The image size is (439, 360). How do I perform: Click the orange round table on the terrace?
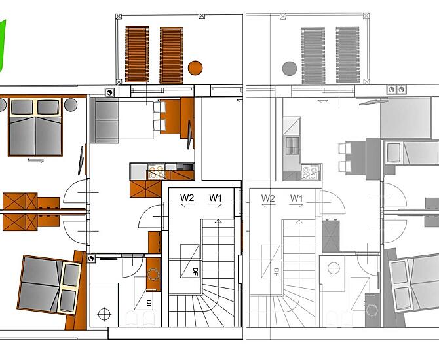pyautogui.click(x=195, y=67)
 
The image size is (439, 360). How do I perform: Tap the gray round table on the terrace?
pyautogui.click(x=290, y=69)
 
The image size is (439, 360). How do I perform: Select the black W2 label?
pyautogui.click(x=187, y=198)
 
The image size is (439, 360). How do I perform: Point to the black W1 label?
pyautogui.click(x=216, y=198)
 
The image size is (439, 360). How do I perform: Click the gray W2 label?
pyautogui.click(x=268, y=198)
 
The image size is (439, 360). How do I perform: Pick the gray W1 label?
pyautogui.click(x=297, y=198)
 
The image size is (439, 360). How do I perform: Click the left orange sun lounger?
pyautogui.click(x=137, y=54)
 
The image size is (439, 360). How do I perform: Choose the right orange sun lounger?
pyautogui.click(x=172, y=55)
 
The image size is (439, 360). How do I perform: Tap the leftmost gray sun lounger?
pyautogui.click(x=313, y=56)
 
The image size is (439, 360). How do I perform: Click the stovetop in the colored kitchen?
pyautogui.click(x=156, y=172)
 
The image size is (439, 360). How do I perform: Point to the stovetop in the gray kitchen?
pyautogui.click(x=310, y=171)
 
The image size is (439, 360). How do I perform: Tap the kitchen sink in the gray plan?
pyautogui.click(x=292, y=146)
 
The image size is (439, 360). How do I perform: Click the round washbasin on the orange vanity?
pyautogui.click(x=153, y=274)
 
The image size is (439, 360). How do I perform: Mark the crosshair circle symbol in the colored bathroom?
pyautogui.click(x=104, y=314)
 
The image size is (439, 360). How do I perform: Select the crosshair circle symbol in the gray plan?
pyautogui.click(x=334, y=268)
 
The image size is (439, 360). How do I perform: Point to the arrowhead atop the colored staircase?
pyautogui.click(x=218, y=221)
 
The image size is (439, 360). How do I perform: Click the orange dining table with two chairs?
pyautogui.click(x=170, y=117)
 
